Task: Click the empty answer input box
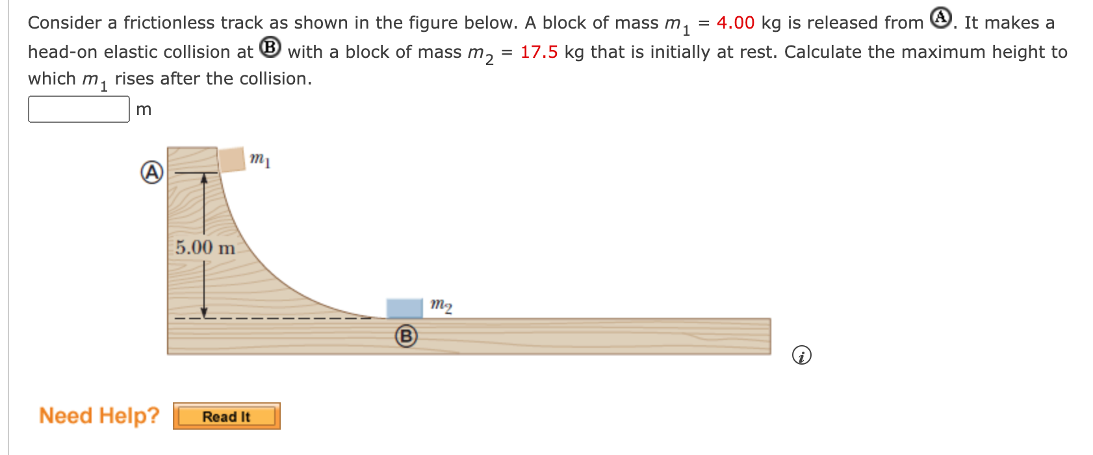pyautogui.click(x=79, y=109)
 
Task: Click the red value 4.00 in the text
pyautogui.click(x=736, y=23)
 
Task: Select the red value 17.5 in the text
pyautogui.click(x=539, y=52)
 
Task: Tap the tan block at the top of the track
pyautogui.click(x=232, y=159)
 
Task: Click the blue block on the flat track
pyautogui.click(x=404, y=308)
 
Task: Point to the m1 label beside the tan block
pyautogui.click(x=260, y=159)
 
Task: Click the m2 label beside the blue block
pyautogui.click(x=441, y=305)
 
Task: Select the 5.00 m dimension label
pyautogui.click(x=205, y=248)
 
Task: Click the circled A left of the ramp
pyautogui.click(x=152, y=172)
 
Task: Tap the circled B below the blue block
pyautogui.click(x=406, y=336)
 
